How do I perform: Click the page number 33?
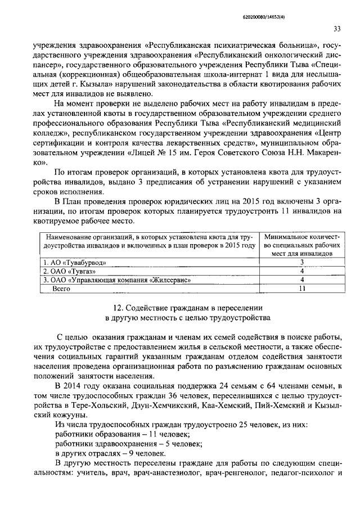(337, 29)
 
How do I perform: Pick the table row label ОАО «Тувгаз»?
(65, 271)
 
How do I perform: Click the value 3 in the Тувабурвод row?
(301, 262)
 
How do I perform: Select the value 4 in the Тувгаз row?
(301, 271)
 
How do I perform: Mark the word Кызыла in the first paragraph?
(117, 84)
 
